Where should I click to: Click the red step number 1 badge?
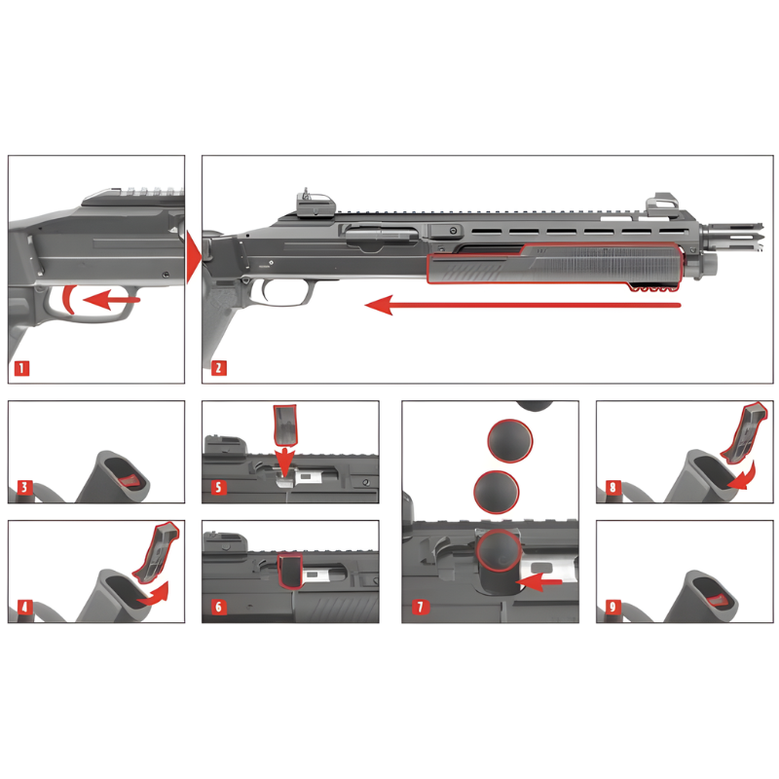(x=21, y=368)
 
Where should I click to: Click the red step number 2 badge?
(x=218, y=368)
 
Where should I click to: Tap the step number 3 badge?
(x=24, y=487)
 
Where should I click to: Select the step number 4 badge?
(x=24, y=607)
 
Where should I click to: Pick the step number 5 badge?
(x=218, y=487)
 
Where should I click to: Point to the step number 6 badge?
(x=218, y=607)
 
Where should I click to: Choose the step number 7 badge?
(x=420, y=607)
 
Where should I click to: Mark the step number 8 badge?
(x=612, y=487)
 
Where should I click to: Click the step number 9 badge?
(x=612, y=607)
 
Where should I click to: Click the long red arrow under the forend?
(x=523, y=305)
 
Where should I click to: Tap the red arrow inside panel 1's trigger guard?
(x=112, y=300)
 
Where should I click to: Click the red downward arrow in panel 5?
(x=284, y=461)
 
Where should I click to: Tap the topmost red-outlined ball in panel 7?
(x=510, y=441)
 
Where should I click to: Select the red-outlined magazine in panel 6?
(x=290, y=572)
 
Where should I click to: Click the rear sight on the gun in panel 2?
(x=315, y=204)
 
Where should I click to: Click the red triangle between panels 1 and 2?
(x=194, y=258)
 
